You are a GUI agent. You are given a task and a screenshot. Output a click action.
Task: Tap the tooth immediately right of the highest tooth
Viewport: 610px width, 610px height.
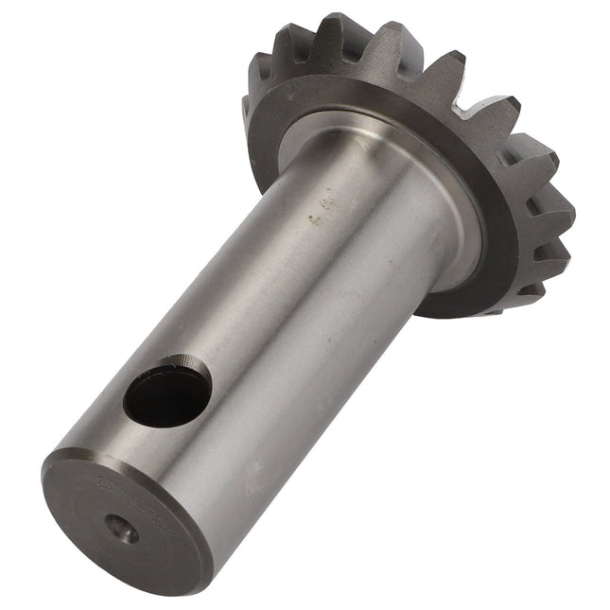[x=388, y=43]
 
